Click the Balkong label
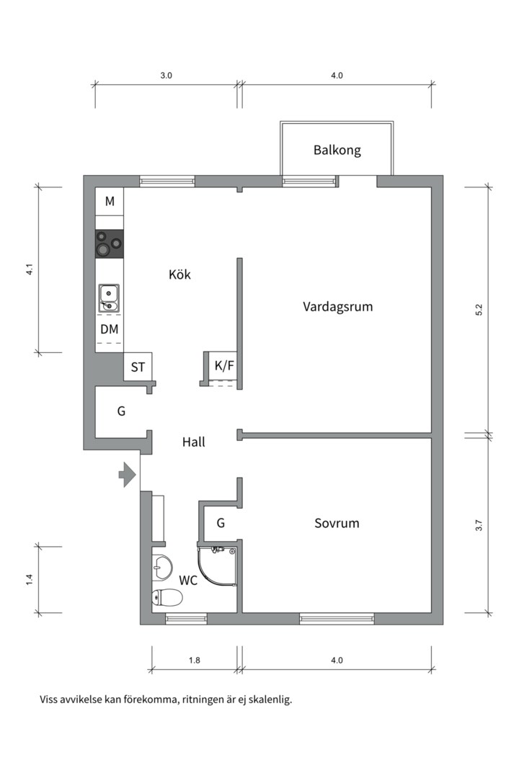[337, 151]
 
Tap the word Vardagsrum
[337, 306]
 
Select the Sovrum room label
[337, 523]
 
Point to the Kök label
[179, 274]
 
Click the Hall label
[193, 442]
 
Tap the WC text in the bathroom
[188, 580]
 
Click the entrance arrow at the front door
[128, 475]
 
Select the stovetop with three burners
[110, 243]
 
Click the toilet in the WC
[167, 597]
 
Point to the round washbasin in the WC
[162, 567]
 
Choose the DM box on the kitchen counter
[110, 329]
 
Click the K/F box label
[224, 366]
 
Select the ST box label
[138, 367]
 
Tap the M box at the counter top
[110, 201]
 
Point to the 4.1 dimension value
[29, 271]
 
